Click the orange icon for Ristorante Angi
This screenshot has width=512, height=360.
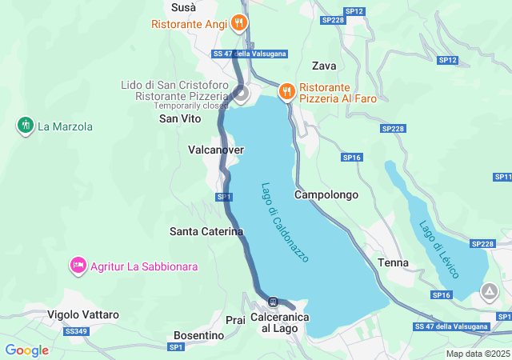tap(238, 23)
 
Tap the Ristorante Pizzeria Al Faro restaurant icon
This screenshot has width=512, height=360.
tap(286, 92)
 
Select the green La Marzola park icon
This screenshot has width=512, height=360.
tap(26, 126)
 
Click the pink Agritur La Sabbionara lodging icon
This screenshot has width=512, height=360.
tap(78, 266)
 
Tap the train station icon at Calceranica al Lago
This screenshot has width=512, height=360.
tap(274, 302)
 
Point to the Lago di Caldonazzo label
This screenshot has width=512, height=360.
tap(285, 222)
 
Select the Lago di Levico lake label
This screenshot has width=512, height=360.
tap(439, 249)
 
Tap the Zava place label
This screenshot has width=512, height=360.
tap(324, 66)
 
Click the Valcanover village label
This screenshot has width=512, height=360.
tap(215, 150)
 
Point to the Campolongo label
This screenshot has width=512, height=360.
tap(326, 194)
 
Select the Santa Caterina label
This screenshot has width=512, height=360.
tap(206, 231)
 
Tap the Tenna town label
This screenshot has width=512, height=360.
tap(393, 262)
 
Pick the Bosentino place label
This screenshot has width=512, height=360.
tap(198, 335)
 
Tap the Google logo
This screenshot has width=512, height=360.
tap(26, 350)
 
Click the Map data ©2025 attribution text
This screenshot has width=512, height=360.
tap(478, 354)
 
